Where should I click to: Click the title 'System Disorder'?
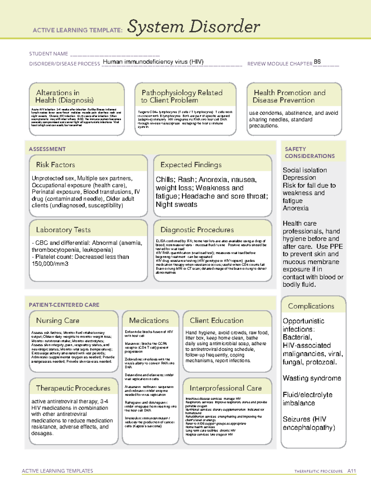(x=194, y=27)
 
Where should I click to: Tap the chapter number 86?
(x=317, y=62)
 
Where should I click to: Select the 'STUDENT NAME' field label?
(x=49, y=54)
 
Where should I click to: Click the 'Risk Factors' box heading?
(x=55, y=165)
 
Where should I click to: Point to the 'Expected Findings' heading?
(x=191, y=165)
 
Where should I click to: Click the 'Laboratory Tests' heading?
(x=63, y=230)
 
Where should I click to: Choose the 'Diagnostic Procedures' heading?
(x=197, y=230)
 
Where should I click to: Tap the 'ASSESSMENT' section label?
(x=47, y=149)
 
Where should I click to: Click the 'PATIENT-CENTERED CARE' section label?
(x=64, y=305)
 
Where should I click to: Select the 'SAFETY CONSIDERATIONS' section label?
(x=309, y=152)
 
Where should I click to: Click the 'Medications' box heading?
(x=149, y=321)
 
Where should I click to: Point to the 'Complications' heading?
(x=311, y=306)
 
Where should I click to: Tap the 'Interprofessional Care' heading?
(x=225, y=388)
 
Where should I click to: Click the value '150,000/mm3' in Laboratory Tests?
(x=50, y=264)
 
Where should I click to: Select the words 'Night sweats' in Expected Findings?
(x=176, y=205)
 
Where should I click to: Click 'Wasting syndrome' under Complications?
(x=312, y=378)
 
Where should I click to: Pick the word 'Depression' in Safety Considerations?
(x=299, y=177)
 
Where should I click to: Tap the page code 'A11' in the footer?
(x=352, y=471)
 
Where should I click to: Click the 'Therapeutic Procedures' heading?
(x=73, y=388)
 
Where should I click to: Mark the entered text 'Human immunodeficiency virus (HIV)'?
(x=153, y=62)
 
